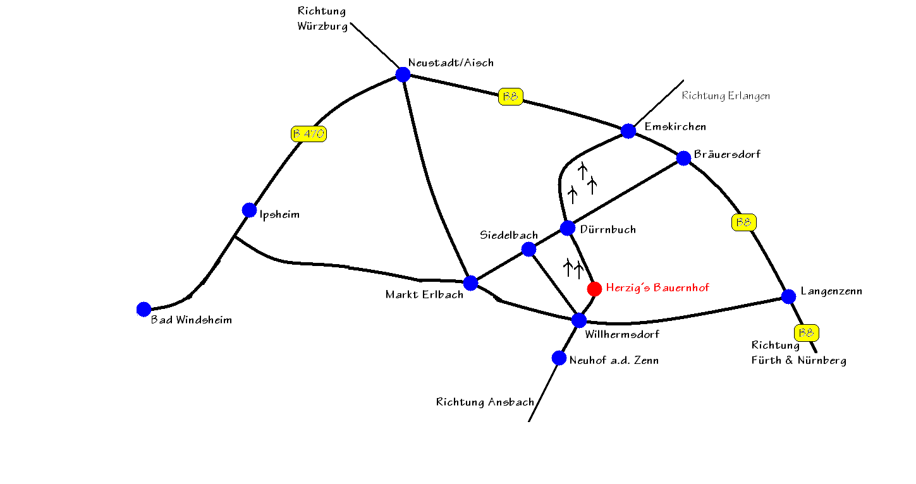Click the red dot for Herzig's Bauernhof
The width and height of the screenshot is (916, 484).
(x=594, y=289)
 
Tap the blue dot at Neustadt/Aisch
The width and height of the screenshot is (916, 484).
(x=403, y=75)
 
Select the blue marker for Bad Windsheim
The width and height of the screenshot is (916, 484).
(x=144, y=309)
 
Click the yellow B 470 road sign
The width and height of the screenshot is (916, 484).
(x=308, y=134)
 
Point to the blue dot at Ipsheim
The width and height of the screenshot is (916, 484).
(x=249, y=210)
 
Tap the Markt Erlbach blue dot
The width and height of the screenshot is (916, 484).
(x=471, y=282)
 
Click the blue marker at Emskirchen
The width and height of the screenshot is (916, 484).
(x=628, y=131)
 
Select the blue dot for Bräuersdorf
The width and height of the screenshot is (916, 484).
(x=684, y=158)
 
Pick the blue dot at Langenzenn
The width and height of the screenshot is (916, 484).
(x=788, y=296)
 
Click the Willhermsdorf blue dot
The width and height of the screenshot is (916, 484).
(x=578, y=320)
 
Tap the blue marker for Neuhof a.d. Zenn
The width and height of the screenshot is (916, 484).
(x=559, y=358)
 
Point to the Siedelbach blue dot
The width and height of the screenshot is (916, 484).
(x=528, y=249)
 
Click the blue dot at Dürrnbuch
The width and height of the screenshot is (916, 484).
(x=567, y=228)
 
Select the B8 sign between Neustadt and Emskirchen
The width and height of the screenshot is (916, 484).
(x=511, y=97)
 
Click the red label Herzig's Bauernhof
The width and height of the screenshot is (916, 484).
(x=657, y=287)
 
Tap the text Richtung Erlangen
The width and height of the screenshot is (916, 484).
(x=726, y=96)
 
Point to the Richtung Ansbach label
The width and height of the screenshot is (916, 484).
(x=485, y=402)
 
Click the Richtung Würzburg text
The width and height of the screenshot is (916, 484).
(x=322, y=19)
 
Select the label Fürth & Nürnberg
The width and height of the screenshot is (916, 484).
(x=799, y=361)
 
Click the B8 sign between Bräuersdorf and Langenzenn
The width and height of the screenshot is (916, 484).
(x=744, y=222)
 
